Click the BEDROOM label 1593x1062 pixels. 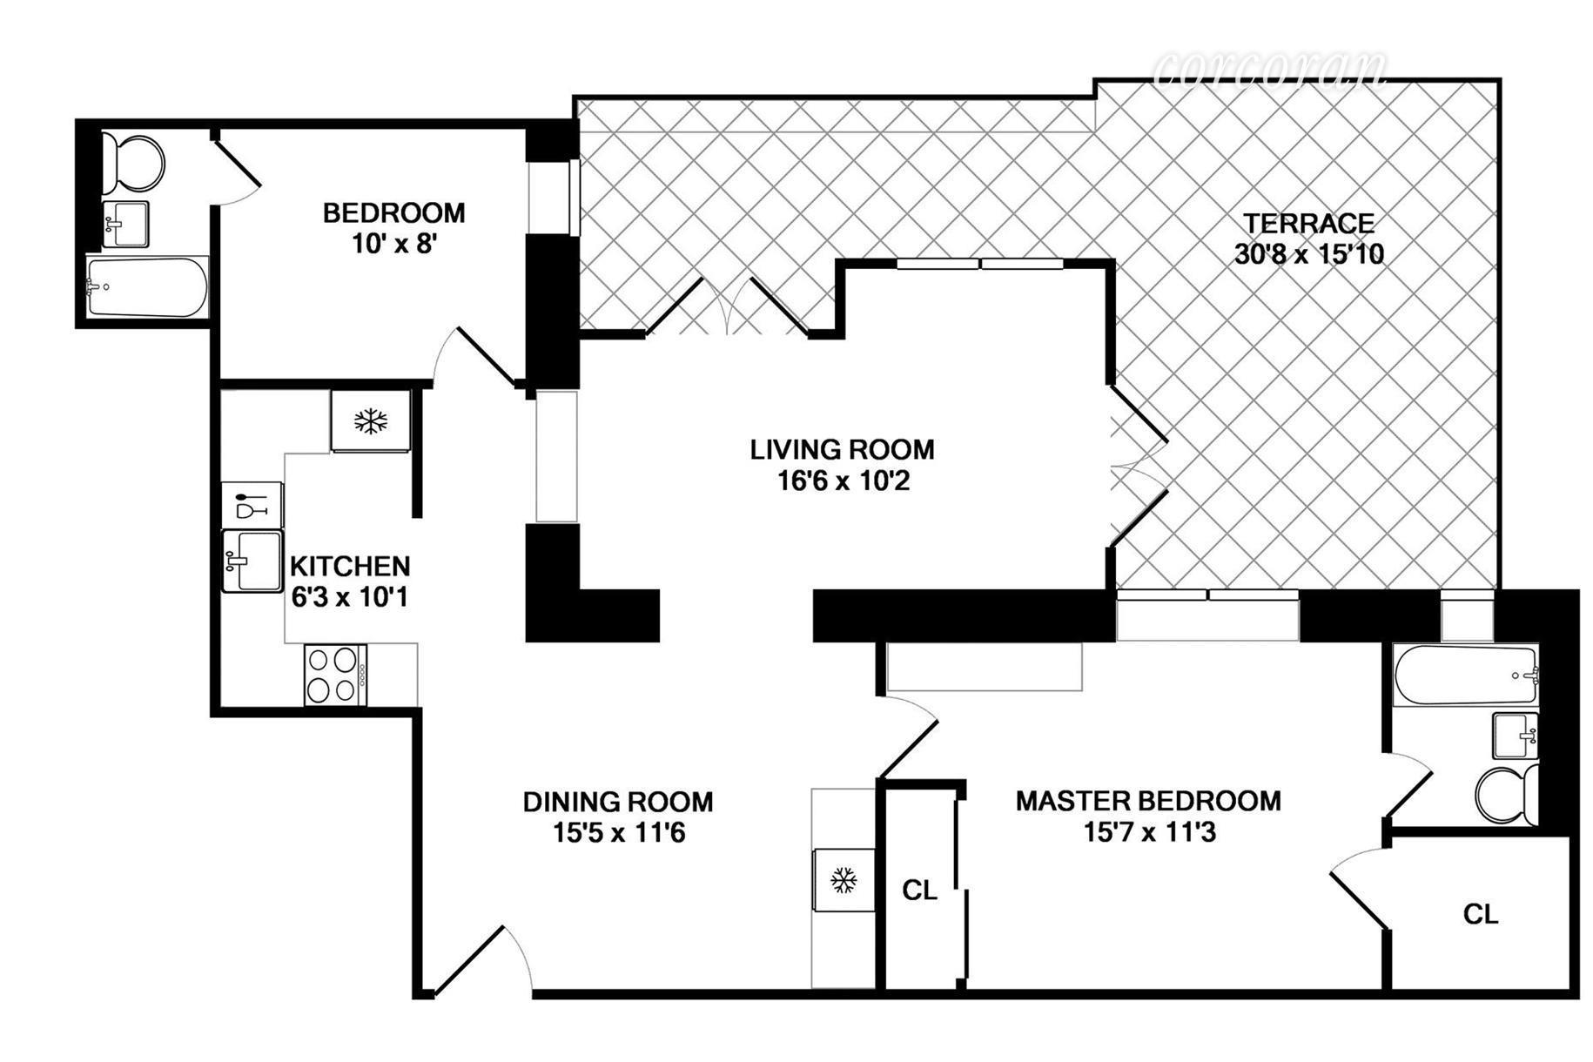coord(393,213)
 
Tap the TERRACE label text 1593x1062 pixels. coord(1308,224)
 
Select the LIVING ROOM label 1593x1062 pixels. coord(842,450)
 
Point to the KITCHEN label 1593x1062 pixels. coord(349,567)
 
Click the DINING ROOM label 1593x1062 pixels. coord(617,802)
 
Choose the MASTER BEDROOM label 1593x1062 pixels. coord(1147,801)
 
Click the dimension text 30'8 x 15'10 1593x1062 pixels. coord(1308,254)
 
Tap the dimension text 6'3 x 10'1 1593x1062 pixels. coord(349,598)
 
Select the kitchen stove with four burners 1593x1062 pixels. coord(334,676)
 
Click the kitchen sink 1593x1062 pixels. coord(252,561)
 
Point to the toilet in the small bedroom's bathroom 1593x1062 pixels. coord(132,162)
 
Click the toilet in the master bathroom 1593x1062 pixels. coord(1507,794)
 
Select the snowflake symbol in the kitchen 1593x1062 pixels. coord(370,422)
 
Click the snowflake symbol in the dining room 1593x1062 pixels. coord(843,880)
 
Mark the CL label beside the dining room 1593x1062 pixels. coord(919,891)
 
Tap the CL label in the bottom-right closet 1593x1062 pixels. coord(1480,914)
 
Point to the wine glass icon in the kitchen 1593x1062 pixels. coord(251,505)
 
